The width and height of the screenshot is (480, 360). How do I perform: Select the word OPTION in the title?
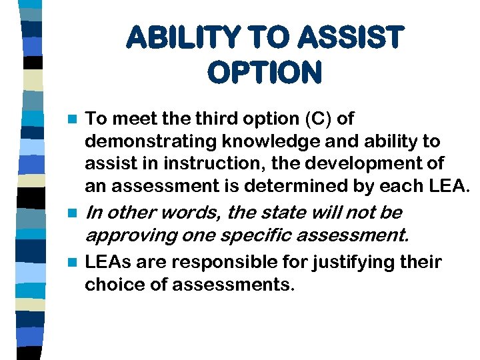click(x=265, y=72)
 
